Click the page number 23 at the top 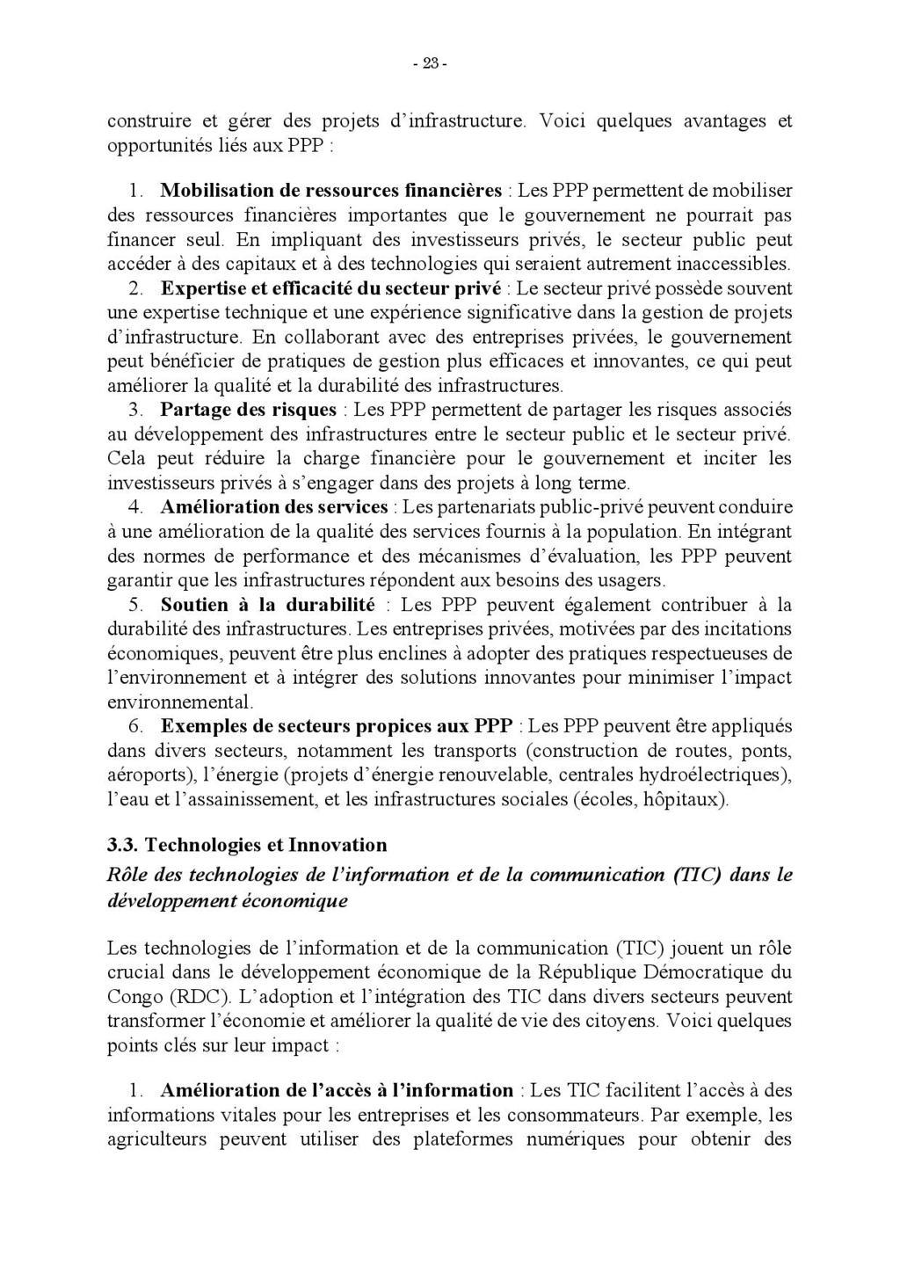coord(430,63)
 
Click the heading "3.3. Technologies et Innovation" coord(246,845)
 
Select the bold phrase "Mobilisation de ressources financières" coord(331,190)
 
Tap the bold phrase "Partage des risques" coord(248,410)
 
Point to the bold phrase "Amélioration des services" coord(273,507)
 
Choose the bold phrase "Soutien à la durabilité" coord(267,605)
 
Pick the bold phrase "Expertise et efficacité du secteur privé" coord(330,288)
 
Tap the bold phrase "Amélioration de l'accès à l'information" coord(337,1090)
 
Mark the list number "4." coord(136,507)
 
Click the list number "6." coord(136,726)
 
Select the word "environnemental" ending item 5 coord(179,702)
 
